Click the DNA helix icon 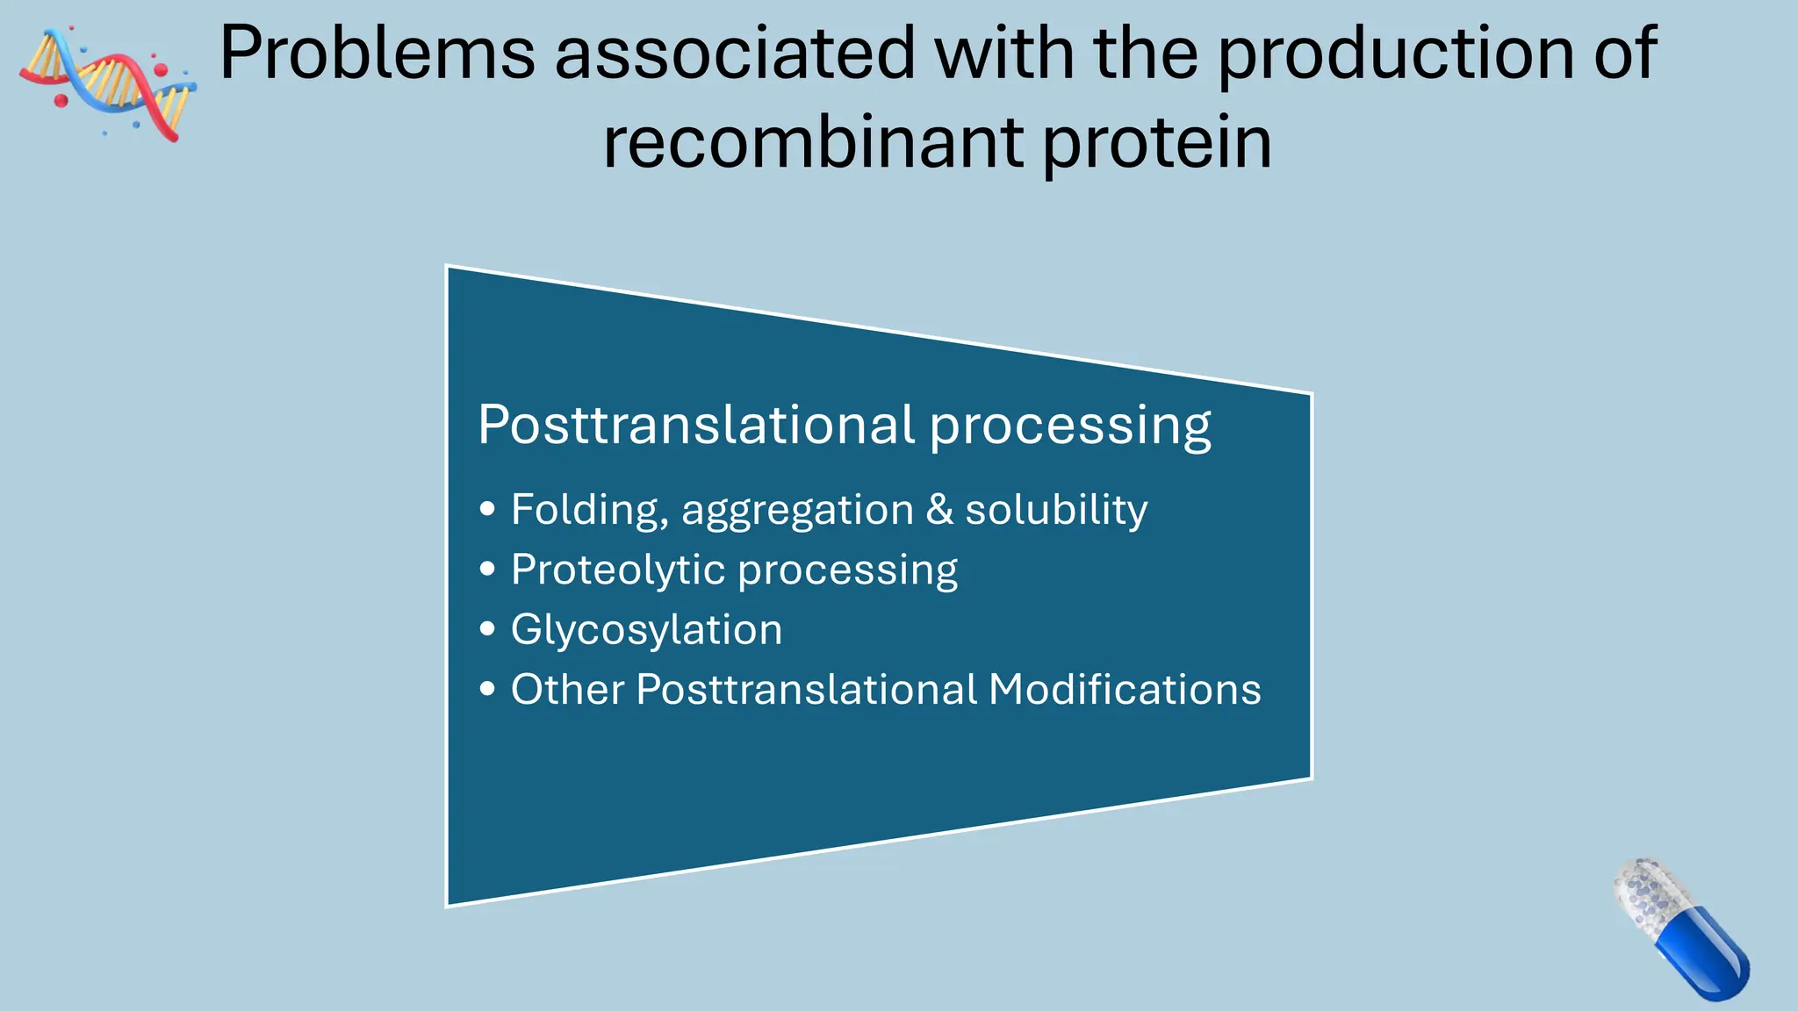point(107,83)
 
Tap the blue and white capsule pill point(1679,929)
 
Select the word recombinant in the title point(813,142)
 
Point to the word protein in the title point(1157,144)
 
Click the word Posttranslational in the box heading point(697,425)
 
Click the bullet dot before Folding point(488,509)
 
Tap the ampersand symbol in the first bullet point(939,509)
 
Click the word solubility point(1056,511)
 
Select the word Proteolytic point(618,570)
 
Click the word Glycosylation point(646,631)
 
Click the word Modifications point(1125,689)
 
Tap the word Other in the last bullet point(567,689)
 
